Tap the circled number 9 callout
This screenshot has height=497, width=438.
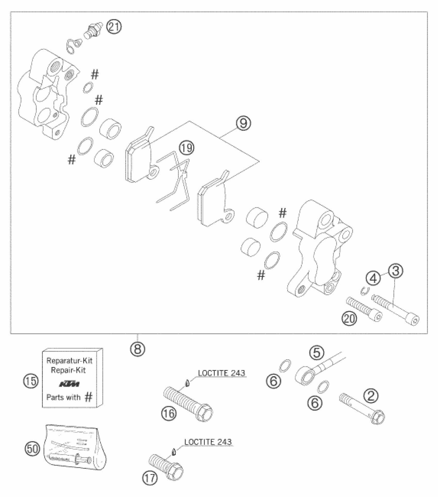[243, 123]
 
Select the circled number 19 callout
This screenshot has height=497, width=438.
[187, 148]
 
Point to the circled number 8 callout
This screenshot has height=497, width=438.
[138, 349]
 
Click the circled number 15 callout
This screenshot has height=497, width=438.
[30, 381]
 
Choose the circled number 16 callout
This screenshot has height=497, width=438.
[169, 414]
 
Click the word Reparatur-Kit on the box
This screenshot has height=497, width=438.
[69, 360]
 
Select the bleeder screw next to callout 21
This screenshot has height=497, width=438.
[92, 31]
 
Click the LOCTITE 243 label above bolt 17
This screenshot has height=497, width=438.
[208, 442]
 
